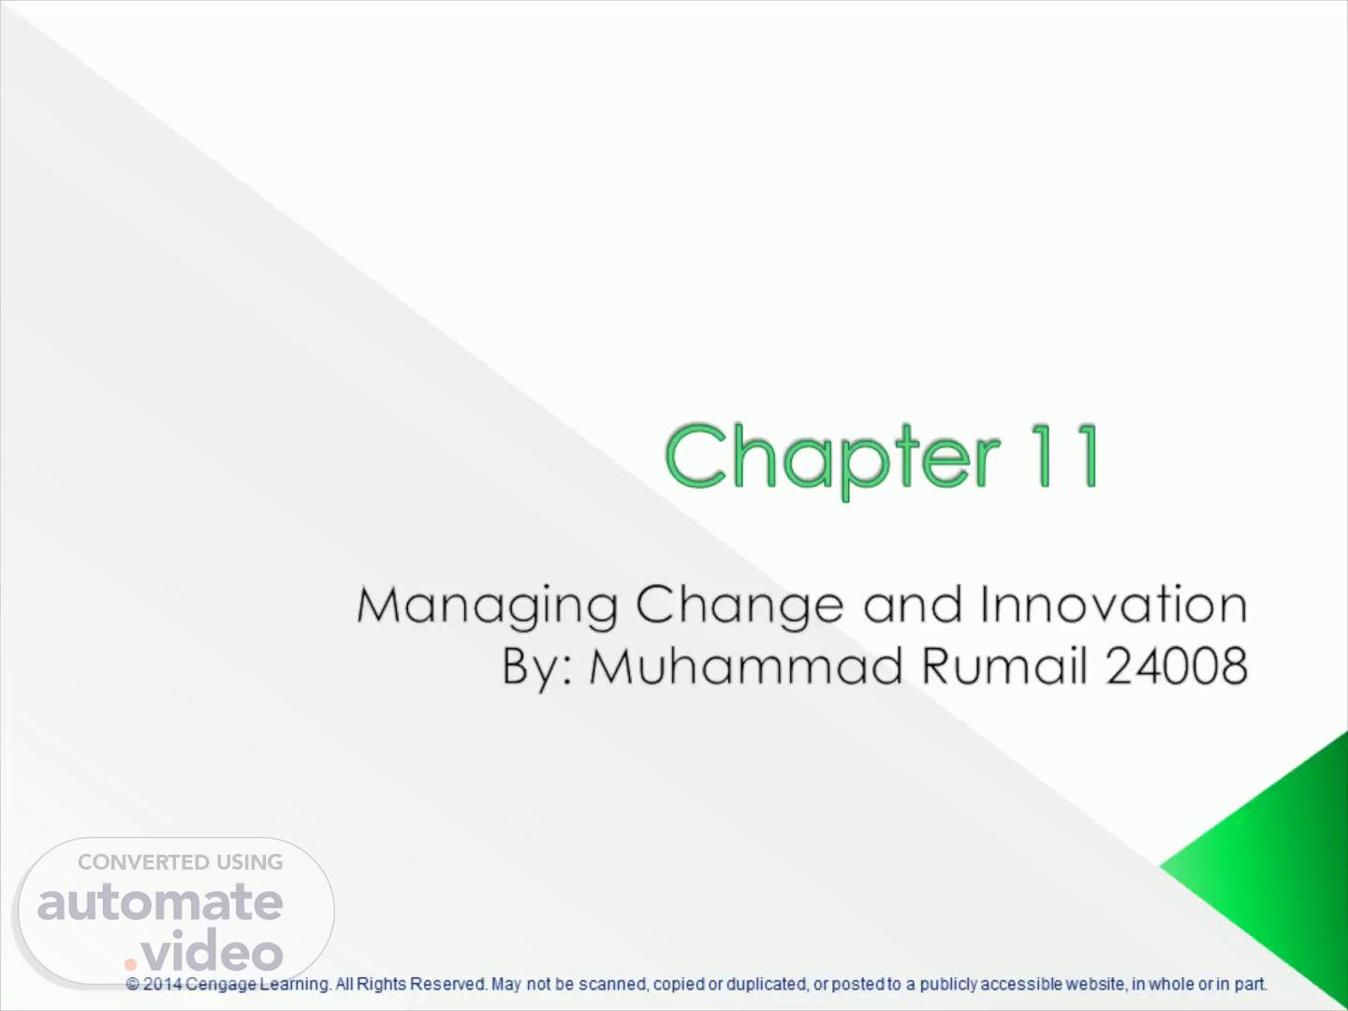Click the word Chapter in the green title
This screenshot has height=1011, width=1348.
[832, 458]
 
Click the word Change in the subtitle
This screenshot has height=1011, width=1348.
[740, 606]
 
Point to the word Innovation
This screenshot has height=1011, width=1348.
[1113, 604]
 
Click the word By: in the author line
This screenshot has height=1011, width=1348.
[538, 667]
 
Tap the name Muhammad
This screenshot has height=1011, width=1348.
[745, 665]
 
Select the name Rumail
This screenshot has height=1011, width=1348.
[1004, 665]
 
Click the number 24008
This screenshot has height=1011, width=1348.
[1177, 666]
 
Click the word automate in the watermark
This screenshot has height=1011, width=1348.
[160, 902]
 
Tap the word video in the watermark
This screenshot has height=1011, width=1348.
[212, 949]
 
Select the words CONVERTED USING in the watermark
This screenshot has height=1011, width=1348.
[181, 862]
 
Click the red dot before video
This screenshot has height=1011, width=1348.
[130, 964]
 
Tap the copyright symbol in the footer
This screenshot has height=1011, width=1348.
[132, 985]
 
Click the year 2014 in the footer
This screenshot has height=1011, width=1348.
[163, 985]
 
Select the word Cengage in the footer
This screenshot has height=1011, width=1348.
[221, 985]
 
